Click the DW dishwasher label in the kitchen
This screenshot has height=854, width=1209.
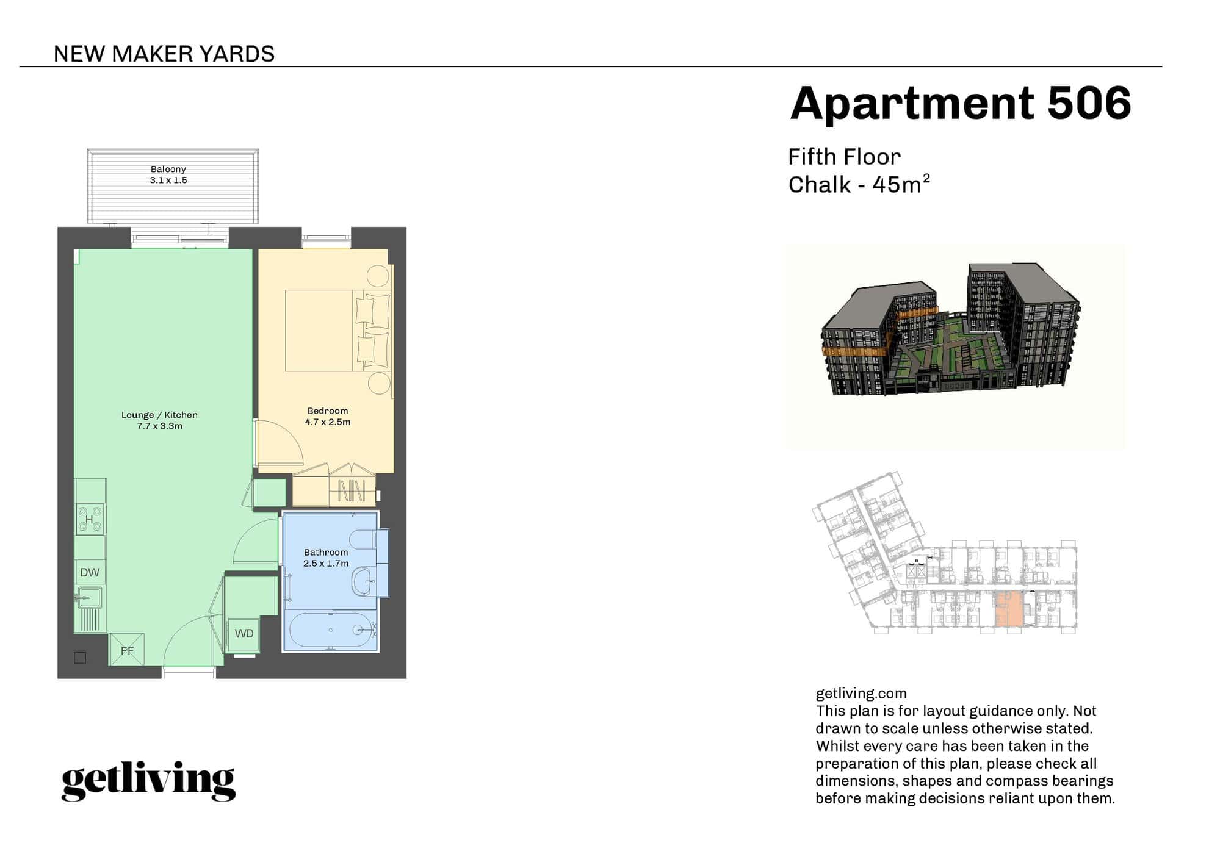click(x=90, y=573)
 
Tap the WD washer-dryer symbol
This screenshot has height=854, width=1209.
click(x=244, y=634)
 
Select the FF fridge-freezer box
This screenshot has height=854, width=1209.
click(x=127, y=650)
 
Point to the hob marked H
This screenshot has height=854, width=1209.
click(x=89, y=519)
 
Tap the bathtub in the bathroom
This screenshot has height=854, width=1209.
click(x=330, y=630)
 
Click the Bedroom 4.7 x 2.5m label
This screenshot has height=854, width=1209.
click(x=328, y=417)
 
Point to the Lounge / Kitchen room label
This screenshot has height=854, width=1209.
click(x=159, y=420)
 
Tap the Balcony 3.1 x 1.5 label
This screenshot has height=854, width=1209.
click(x=168, y=174)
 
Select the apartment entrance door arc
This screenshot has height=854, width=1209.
click(x=189, y=640)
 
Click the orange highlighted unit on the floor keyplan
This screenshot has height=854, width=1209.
click(x=1009, y=610)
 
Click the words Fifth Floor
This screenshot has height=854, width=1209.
click(x=844, y=157)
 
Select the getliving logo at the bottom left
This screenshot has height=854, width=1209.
click(x=148, y=781)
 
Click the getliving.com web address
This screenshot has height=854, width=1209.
click(x=861, y=694)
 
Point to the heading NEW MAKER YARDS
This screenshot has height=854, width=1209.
click(x=164, y=54)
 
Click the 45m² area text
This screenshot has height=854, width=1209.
click(x=901, y=184)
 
